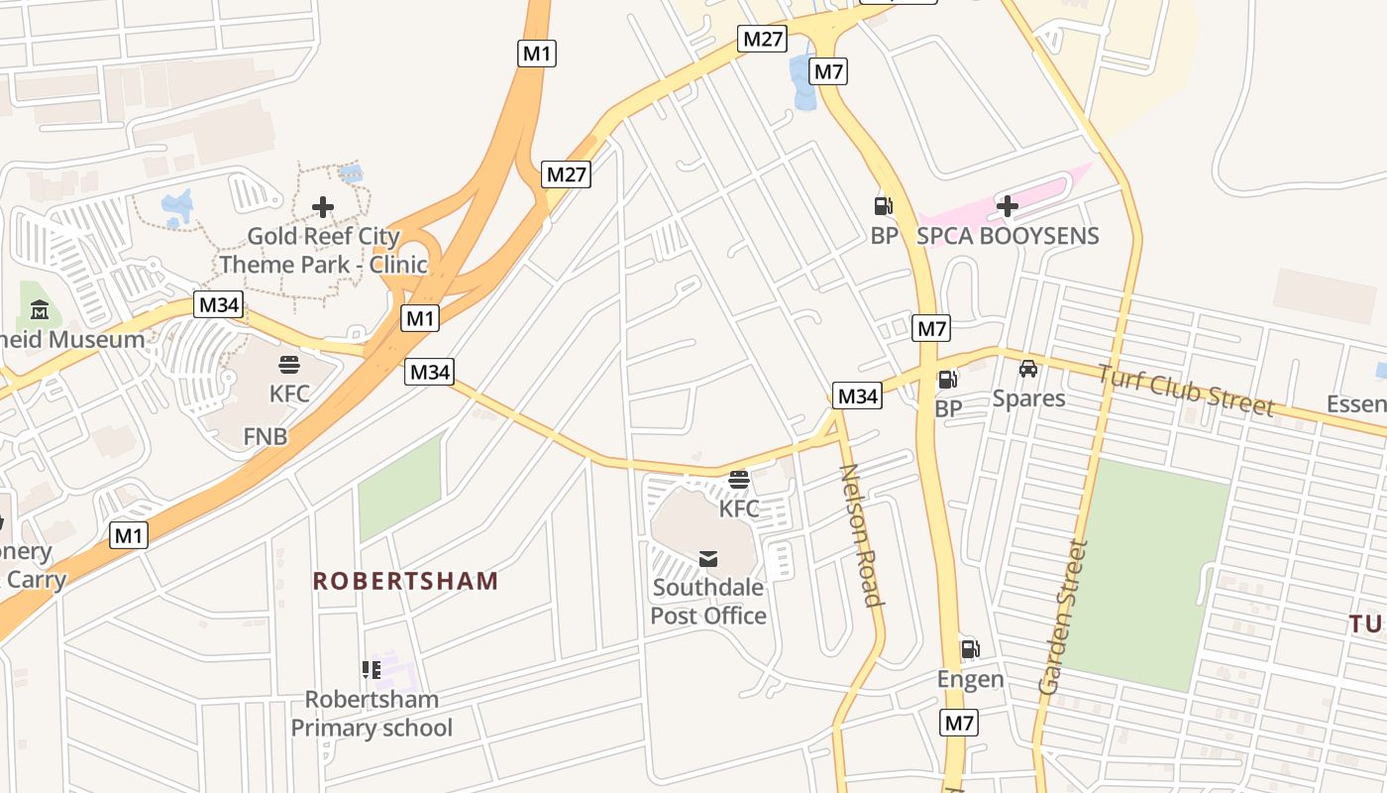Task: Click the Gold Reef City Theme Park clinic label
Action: coord(323,251)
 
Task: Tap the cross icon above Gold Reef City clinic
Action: coord(323,207)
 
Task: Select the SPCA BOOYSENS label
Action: coord(1008,236)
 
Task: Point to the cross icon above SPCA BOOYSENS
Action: coord(1008,206)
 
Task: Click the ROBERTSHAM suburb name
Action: coord(406,581)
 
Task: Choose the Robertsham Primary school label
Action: coord(372,714)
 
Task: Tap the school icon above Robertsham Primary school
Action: coord(372,670)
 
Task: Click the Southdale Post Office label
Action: coord(708,602)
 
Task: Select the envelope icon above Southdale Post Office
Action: coord(708,559)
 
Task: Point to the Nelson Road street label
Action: coord(860,534)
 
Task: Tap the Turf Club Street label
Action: coord(1185,390)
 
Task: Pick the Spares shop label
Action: coord(1028,398)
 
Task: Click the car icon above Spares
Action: coord(1028,369)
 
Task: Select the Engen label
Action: coord(971,680)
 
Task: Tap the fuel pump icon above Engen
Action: coord(971,649)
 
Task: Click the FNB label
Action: coord(266,436)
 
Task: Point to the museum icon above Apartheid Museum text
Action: coord(40,310)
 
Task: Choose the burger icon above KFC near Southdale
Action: coord(739,480)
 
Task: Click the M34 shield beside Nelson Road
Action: coord(857,396)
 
